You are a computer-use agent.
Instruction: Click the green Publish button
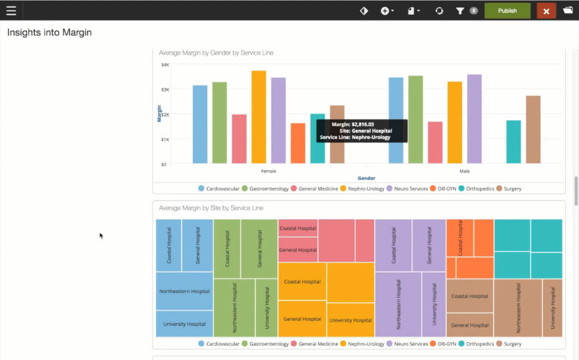507,11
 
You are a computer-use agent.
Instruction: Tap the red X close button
546,11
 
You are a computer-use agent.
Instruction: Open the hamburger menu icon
11,11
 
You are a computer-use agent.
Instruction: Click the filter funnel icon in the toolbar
460,11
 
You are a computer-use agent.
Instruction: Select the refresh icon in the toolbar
439,11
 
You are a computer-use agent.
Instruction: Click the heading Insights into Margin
50,32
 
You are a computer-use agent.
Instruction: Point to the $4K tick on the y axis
165,65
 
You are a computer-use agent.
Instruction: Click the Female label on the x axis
268,172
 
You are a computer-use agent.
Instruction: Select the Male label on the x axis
464,172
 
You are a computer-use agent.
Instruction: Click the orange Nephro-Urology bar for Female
259,117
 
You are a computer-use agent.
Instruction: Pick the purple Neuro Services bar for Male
474,119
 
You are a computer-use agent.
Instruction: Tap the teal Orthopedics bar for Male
513,141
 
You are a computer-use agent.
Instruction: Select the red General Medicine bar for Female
239,139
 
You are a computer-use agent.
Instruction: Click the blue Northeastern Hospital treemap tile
185,291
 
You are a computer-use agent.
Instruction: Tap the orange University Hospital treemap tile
350,319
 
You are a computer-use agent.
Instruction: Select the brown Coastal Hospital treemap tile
470,296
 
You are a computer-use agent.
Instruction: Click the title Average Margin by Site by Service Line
211,208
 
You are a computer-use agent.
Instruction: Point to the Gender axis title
366,178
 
